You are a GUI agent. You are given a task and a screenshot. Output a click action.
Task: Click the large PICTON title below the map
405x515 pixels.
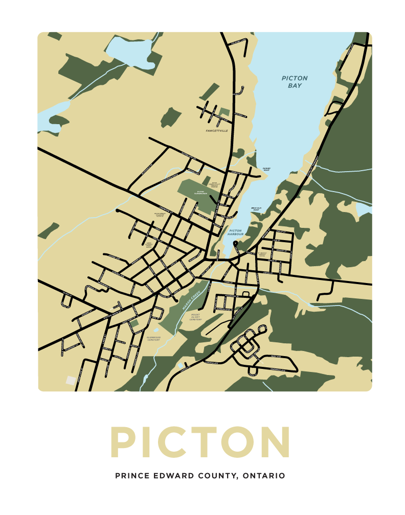click(200, 442)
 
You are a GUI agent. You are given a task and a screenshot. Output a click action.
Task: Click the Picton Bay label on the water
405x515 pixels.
click(295, 82)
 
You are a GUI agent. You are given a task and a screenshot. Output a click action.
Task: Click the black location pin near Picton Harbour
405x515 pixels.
click(235, 244)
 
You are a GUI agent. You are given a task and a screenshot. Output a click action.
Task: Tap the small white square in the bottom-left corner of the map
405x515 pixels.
click(70, 380)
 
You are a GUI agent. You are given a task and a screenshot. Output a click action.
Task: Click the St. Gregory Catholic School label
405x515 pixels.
click(263, 254)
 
